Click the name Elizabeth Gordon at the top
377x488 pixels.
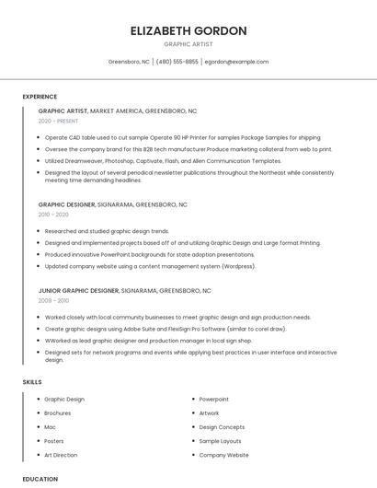(188, 30)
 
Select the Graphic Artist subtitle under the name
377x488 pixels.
(188, 44)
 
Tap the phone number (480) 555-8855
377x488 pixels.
(177, 62)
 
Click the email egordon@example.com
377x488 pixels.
(236, 62)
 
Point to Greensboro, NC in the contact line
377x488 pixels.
(129, 62)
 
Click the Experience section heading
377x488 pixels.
(40, 97)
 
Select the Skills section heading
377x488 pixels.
(32, 381)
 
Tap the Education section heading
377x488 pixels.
(40, 479)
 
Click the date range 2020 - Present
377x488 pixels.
(60, 122)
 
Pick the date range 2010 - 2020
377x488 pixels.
(53, 215)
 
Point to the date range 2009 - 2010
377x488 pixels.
(53, 301)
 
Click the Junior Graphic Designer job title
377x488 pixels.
(78, 291)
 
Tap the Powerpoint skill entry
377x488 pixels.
(214, 400)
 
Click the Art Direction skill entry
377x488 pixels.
(61, 455)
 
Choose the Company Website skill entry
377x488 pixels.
(223, 455)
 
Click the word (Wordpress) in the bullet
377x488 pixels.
(238, 266)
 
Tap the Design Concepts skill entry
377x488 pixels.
(222, 427)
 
